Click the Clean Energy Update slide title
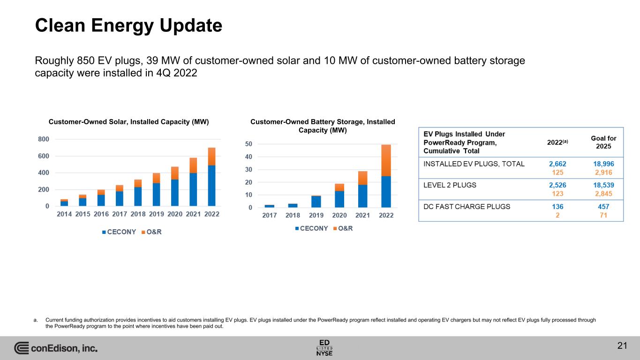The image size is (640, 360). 128,25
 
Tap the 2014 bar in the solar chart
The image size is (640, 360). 64,203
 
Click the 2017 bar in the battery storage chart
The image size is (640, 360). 270,206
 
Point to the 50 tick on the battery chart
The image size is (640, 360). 248,144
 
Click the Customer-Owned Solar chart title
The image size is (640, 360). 128,122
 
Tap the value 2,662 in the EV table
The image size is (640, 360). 557,164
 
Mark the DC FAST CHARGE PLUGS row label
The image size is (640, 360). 467,206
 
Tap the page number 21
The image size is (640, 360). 622,346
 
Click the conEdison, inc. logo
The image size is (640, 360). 56,348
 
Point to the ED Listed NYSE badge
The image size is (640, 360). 324,348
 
